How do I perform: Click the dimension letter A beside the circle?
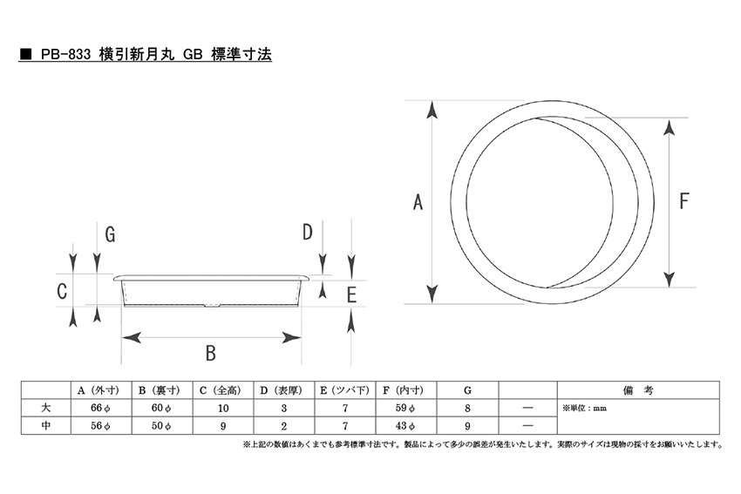418,202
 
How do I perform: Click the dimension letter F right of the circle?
683,200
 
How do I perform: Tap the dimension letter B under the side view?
211,353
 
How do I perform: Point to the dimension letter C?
62,291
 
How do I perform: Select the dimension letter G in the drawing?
110,234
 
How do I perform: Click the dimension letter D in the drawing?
307,232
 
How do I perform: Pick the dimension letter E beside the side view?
351,294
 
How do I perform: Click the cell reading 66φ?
100,408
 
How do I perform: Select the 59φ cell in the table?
406,408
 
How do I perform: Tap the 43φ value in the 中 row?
406,425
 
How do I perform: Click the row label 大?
46,408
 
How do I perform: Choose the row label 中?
46,425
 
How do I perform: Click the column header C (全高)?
221,390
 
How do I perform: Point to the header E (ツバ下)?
344,390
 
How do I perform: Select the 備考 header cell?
638,390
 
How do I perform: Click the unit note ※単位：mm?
584,409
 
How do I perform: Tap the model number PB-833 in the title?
65,55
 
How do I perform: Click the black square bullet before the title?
25,55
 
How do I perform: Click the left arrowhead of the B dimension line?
132,338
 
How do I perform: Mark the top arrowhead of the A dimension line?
432,110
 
